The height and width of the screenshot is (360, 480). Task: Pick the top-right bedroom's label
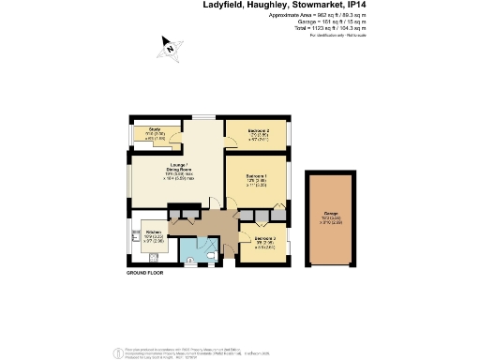(259, 133)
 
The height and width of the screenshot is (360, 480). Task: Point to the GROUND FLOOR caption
(145, 274)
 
